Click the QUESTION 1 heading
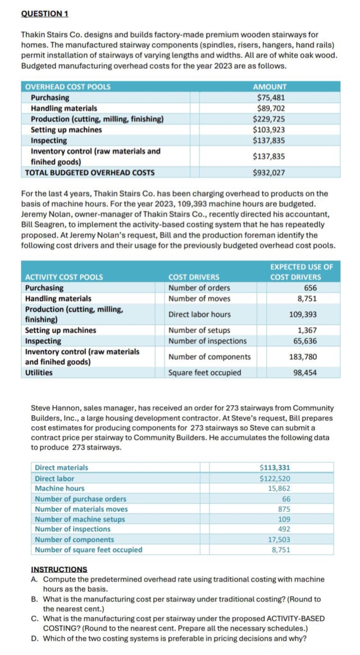pos(45,14)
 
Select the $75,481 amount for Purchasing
pos(271,98)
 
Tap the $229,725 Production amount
pos(269,119)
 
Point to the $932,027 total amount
pos(269,173)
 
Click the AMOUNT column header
pos(270,87)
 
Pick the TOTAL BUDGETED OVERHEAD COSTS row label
pos(90,173)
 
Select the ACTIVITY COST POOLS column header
pos(64,277)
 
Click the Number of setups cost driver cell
pos(199,330)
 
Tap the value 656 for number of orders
pos(310,288)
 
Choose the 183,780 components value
pos(303,357)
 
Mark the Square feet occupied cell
pos(204,373)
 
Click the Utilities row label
pos(39,373)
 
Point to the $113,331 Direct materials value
pos(275,468)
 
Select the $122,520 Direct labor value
pos(275,479)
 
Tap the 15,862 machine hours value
pos(279,488)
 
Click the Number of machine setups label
pos(80,519)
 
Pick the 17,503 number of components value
pos(279,540)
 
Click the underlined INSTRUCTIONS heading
pos(59,569)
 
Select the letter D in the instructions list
pos(35,638)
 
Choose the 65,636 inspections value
pos(305,341)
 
